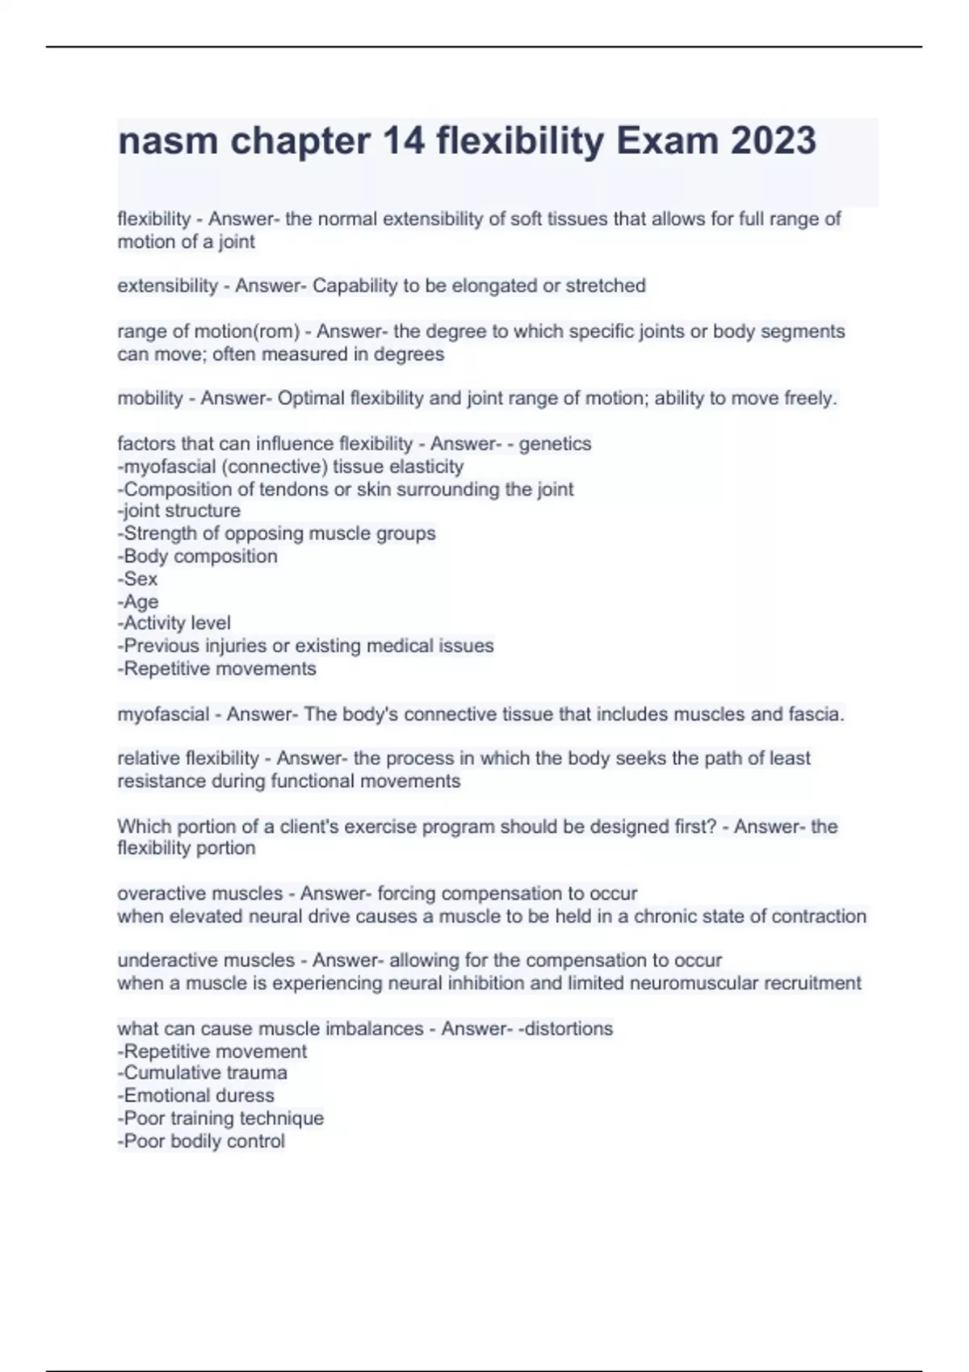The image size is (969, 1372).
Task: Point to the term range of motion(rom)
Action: coord(208,331)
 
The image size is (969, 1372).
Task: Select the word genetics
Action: coord(555,444)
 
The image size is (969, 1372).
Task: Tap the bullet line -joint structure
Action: coord(179,511)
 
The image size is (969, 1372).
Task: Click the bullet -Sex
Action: coord(138,579)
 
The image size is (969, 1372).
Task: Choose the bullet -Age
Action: coord(138,601)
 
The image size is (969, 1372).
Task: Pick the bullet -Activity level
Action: coord(174,623)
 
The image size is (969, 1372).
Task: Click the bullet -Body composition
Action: coord(198,556)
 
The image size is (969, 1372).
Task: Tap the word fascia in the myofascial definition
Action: coord(812,714)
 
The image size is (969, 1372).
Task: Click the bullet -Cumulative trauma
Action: coord(203,1073)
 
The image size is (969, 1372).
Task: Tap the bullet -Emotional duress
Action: coord(196,1095)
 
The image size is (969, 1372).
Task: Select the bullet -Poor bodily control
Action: coord(201,1141)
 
